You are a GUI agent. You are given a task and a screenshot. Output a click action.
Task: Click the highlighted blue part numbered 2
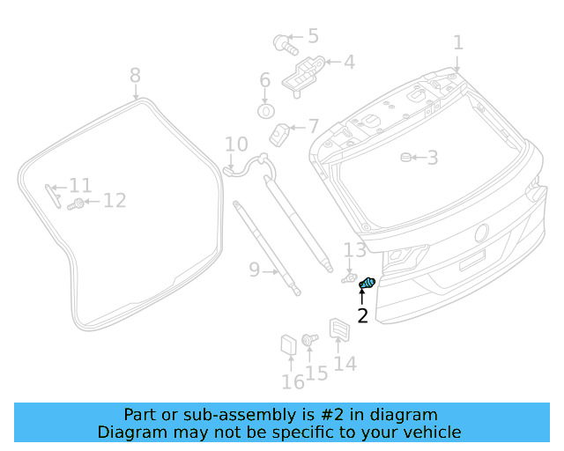coord(367,283)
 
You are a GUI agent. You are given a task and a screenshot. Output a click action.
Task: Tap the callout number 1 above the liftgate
coord(457,42)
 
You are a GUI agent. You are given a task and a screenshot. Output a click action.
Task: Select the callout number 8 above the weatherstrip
coord(135,75)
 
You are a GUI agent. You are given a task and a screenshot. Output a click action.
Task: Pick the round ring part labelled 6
coord(265,111)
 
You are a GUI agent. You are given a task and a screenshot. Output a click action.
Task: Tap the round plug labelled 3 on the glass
coord(406,158)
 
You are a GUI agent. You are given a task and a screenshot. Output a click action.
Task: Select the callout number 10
coord(236,144)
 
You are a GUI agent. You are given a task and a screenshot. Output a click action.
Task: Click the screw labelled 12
coord(78,203)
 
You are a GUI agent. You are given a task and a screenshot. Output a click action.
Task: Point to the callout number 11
coord(80,186)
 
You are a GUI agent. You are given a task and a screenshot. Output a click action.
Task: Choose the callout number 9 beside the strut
coord(255,270)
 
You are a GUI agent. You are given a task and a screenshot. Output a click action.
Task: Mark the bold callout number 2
coord(362,316)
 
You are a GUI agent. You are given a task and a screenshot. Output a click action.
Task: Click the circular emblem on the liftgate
coord(481,233)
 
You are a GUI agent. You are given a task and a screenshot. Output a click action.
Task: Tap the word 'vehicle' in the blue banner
coord(429,432)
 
